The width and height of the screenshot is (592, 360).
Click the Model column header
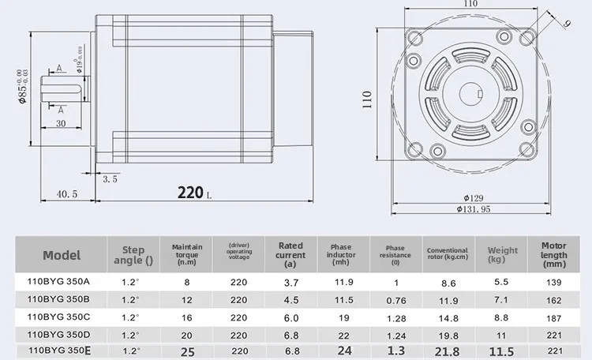tap(62, 255)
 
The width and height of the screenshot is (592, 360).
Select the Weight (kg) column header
tap(502, 255)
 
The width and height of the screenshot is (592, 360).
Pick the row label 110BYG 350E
tap(62, 350)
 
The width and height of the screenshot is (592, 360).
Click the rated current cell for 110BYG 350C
tap(290, 317)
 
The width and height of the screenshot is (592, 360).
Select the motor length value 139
tap(553, 282)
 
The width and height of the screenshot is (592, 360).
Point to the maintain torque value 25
tap(187, 350)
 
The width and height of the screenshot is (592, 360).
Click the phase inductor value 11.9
tap(344, 282)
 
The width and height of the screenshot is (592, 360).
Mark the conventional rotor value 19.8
tap(448, 334)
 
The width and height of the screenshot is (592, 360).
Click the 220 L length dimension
tap(193, 192)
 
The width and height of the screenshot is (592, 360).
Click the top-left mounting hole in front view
tap(416, 35)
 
